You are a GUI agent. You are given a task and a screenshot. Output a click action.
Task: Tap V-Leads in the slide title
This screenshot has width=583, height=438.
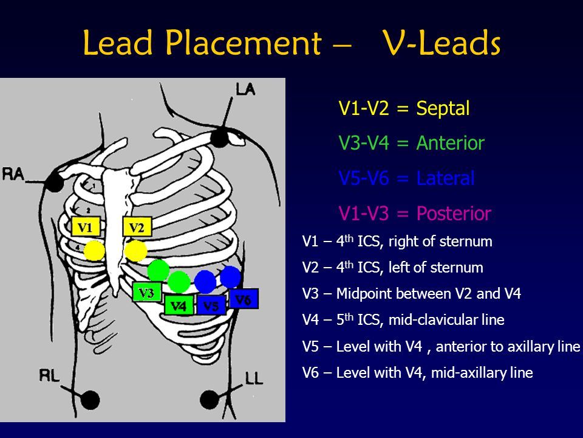(442, 44)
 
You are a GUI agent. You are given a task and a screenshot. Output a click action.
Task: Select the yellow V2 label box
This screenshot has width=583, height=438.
(137, 228)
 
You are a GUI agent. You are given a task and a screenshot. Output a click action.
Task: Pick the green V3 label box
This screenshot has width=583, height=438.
(146, 293)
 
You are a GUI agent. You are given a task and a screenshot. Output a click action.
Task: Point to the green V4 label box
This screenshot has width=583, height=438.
(179, 305)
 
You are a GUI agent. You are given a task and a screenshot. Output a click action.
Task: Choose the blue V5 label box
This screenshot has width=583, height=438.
(211, 305)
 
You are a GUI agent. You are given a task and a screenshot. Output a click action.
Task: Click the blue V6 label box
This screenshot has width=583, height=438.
(244, 299)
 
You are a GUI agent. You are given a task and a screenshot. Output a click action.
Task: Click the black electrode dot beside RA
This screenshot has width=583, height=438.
(56, 181)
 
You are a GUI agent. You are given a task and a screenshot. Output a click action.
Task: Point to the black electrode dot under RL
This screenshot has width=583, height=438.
(91, 399)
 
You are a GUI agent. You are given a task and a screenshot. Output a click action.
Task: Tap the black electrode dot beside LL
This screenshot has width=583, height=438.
(209, 398)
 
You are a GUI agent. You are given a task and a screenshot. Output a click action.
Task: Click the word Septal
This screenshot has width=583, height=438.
(443, 109)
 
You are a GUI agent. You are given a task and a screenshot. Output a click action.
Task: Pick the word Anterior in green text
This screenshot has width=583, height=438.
(450, 144)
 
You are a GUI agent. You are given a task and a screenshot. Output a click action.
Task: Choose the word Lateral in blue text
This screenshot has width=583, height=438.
(445, 178)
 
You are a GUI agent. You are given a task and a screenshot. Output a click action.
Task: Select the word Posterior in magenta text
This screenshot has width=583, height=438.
(453, 214)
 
